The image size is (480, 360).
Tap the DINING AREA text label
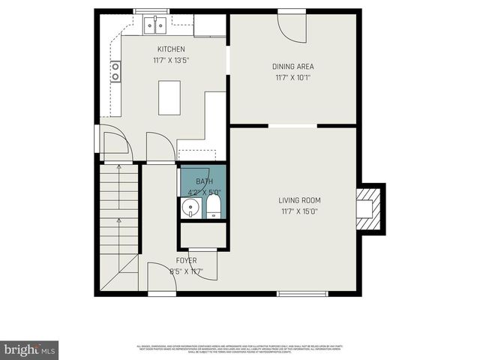click(x=292, y=67)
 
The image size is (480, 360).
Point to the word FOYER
click(x=186, y=261)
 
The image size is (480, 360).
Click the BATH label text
click(x=204, y=181)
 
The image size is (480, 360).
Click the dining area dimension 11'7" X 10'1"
click(x=292, y=76)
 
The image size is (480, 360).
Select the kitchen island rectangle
click(x=169, y=97)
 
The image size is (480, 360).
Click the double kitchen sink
click(x=155, y=26)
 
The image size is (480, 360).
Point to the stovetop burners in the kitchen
click(x=115, y=71)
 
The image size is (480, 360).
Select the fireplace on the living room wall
click(x=369, y=208)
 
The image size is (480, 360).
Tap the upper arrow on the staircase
click(x=120, y=172)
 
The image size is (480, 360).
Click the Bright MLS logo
click(x=30, y=349)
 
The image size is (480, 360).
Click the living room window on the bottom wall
click(x=302, y=293)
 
